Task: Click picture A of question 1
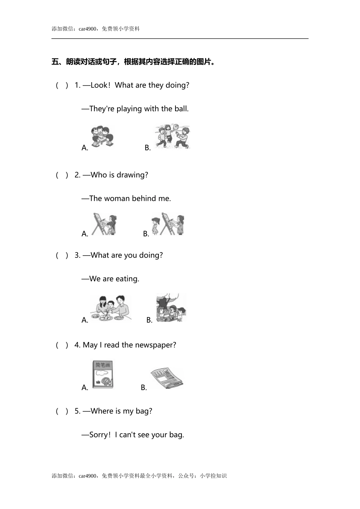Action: coord(102,137)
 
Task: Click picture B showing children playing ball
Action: coord(172,136)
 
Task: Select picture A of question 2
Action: coord(105,224)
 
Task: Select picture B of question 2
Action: coord(167,224)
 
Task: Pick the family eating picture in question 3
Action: coord(111,308)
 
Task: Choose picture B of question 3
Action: coord(171,308)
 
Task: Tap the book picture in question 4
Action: coord(103,375)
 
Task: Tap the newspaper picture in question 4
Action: coord(167,378)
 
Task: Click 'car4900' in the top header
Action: coord(88,29)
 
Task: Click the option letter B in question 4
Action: coord(144,387)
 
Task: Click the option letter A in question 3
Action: coord(85,320)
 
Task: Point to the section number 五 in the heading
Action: coord(55,62)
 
